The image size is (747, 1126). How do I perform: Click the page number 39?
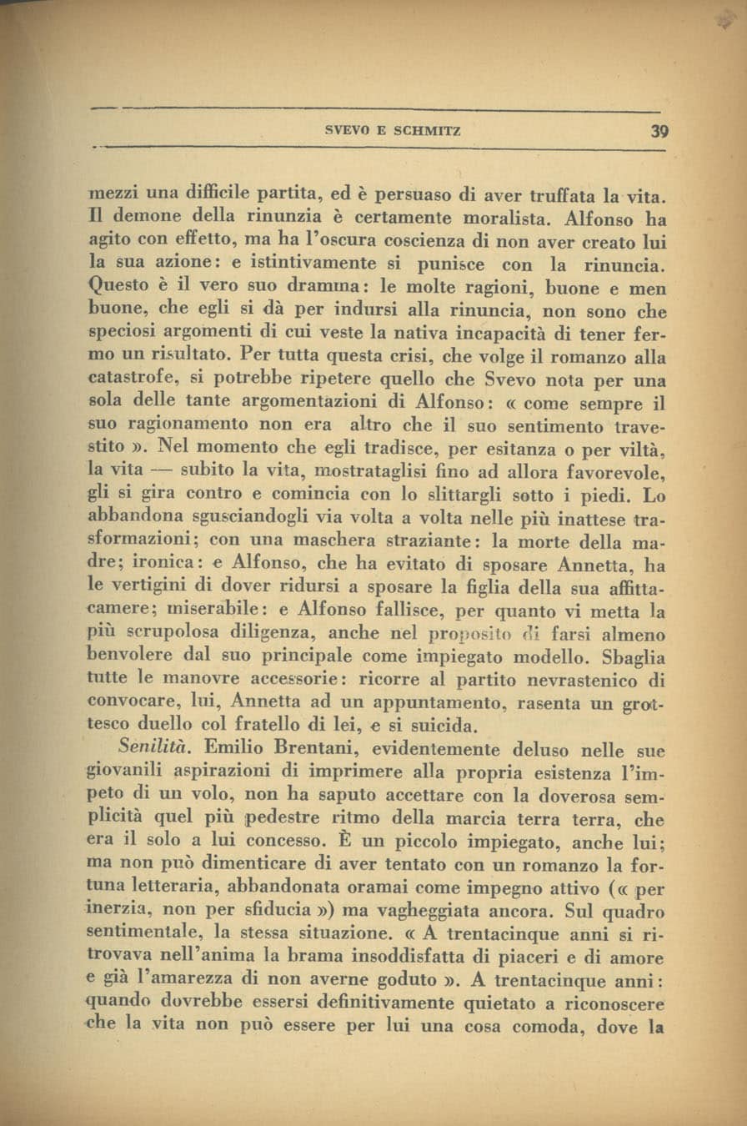tap(660, 131)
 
